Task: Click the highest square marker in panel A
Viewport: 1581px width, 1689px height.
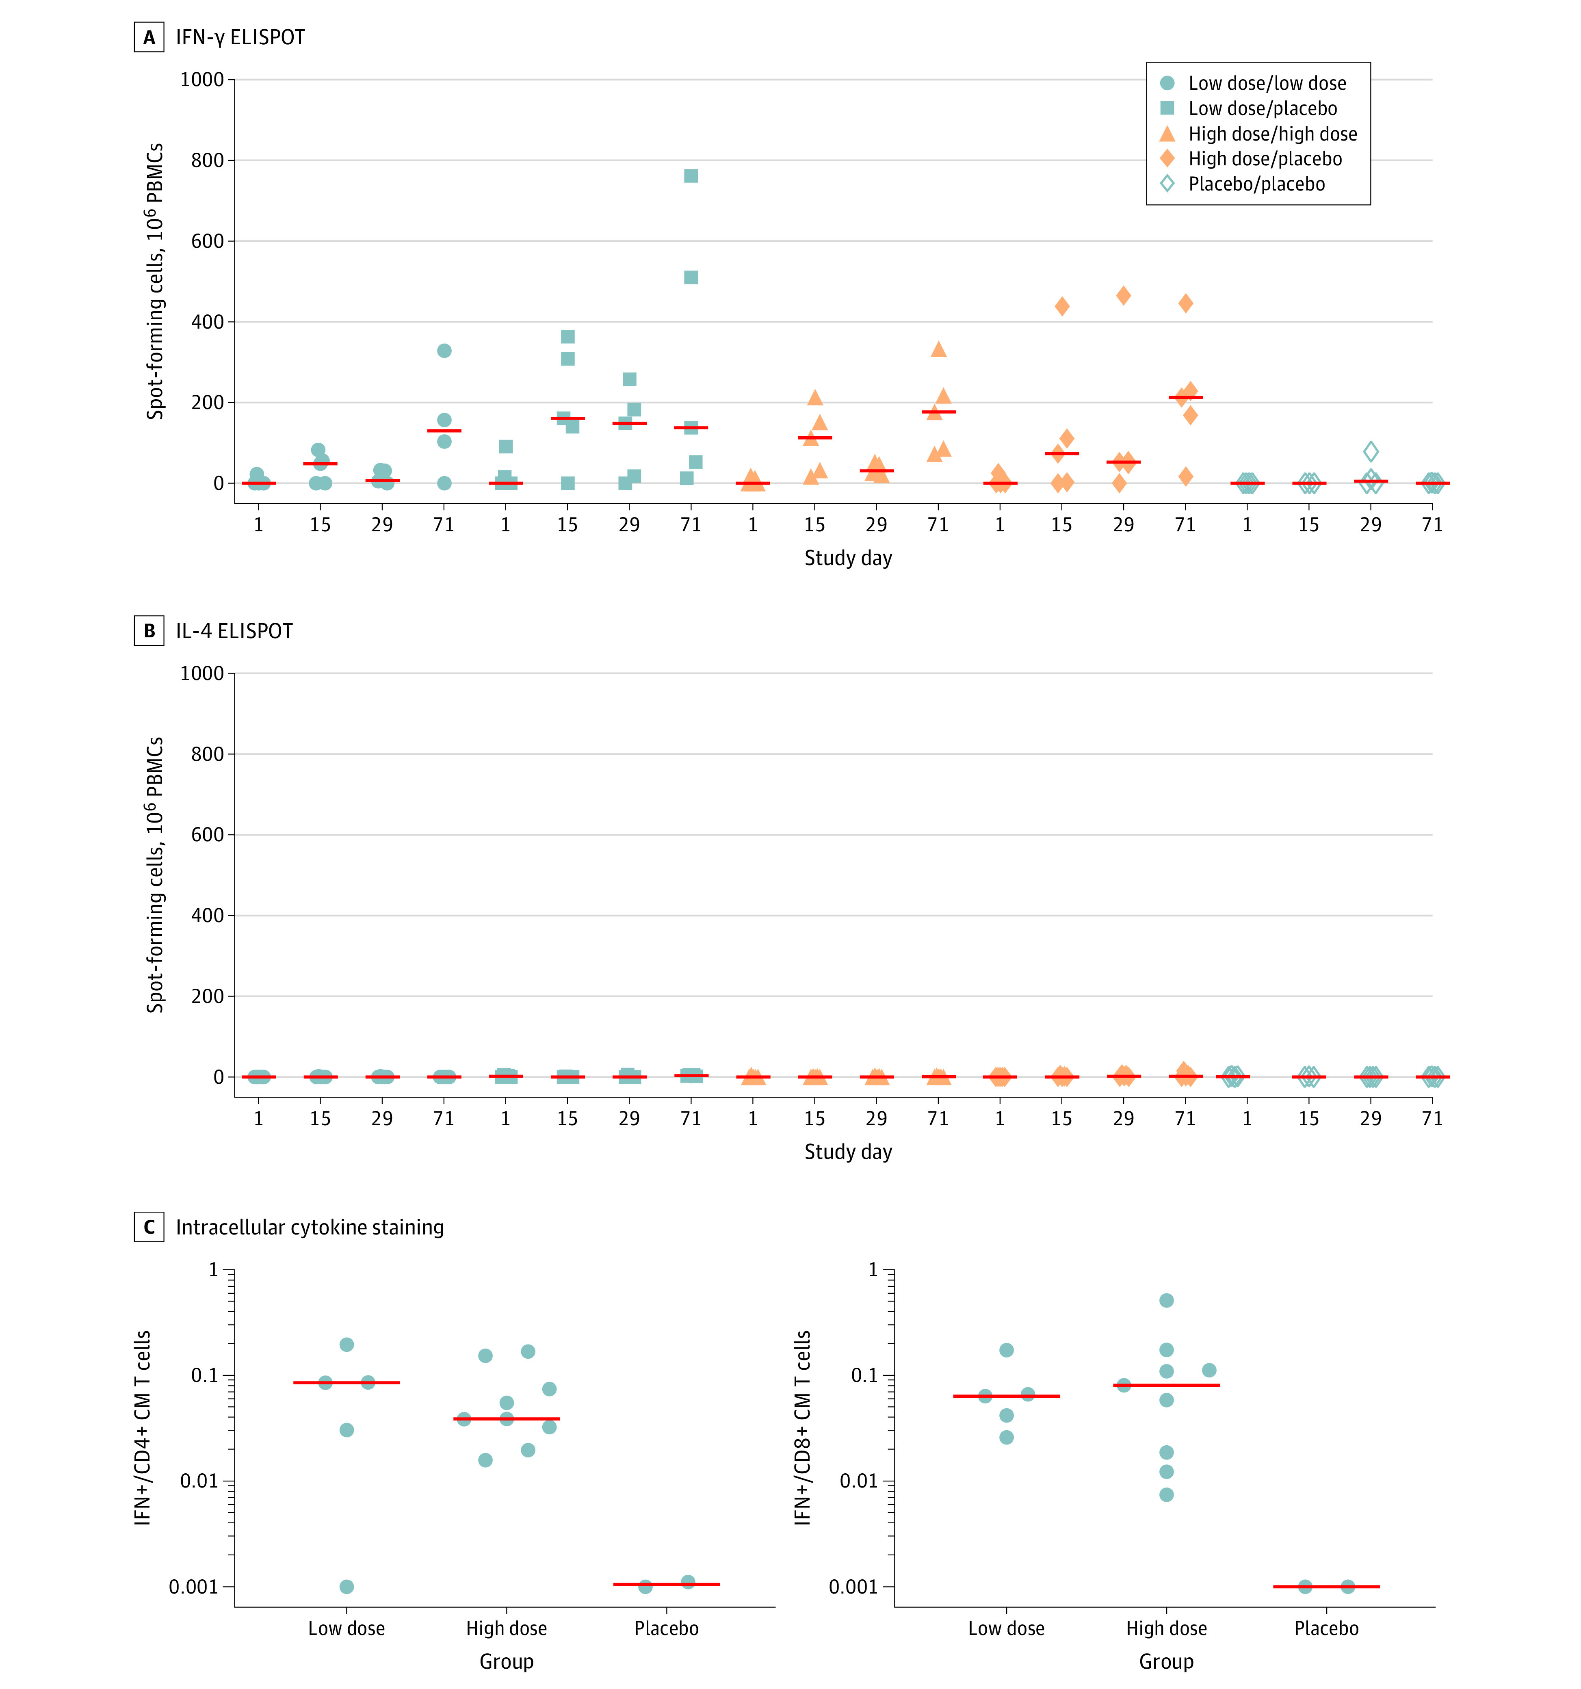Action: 691,176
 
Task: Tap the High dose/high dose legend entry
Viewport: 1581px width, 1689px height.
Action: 1272,134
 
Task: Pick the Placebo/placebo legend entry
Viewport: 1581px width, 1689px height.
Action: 1256,184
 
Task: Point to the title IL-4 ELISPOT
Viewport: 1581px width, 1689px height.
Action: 234,631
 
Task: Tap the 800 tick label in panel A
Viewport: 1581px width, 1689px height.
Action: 207,160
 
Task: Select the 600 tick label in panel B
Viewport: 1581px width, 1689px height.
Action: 207,835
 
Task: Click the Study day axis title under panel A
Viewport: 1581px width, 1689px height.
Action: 848,558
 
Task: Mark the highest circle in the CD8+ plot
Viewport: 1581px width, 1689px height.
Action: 1166,1301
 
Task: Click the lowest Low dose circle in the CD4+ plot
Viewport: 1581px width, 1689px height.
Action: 347,1586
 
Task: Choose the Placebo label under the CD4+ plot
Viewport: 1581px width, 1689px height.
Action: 666,1629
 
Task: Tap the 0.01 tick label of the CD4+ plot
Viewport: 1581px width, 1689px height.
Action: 201,1481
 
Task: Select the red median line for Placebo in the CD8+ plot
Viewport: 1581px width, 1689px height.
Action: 1326,1586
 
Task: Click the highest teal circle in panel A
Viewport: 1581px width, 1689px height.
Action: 444,351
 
